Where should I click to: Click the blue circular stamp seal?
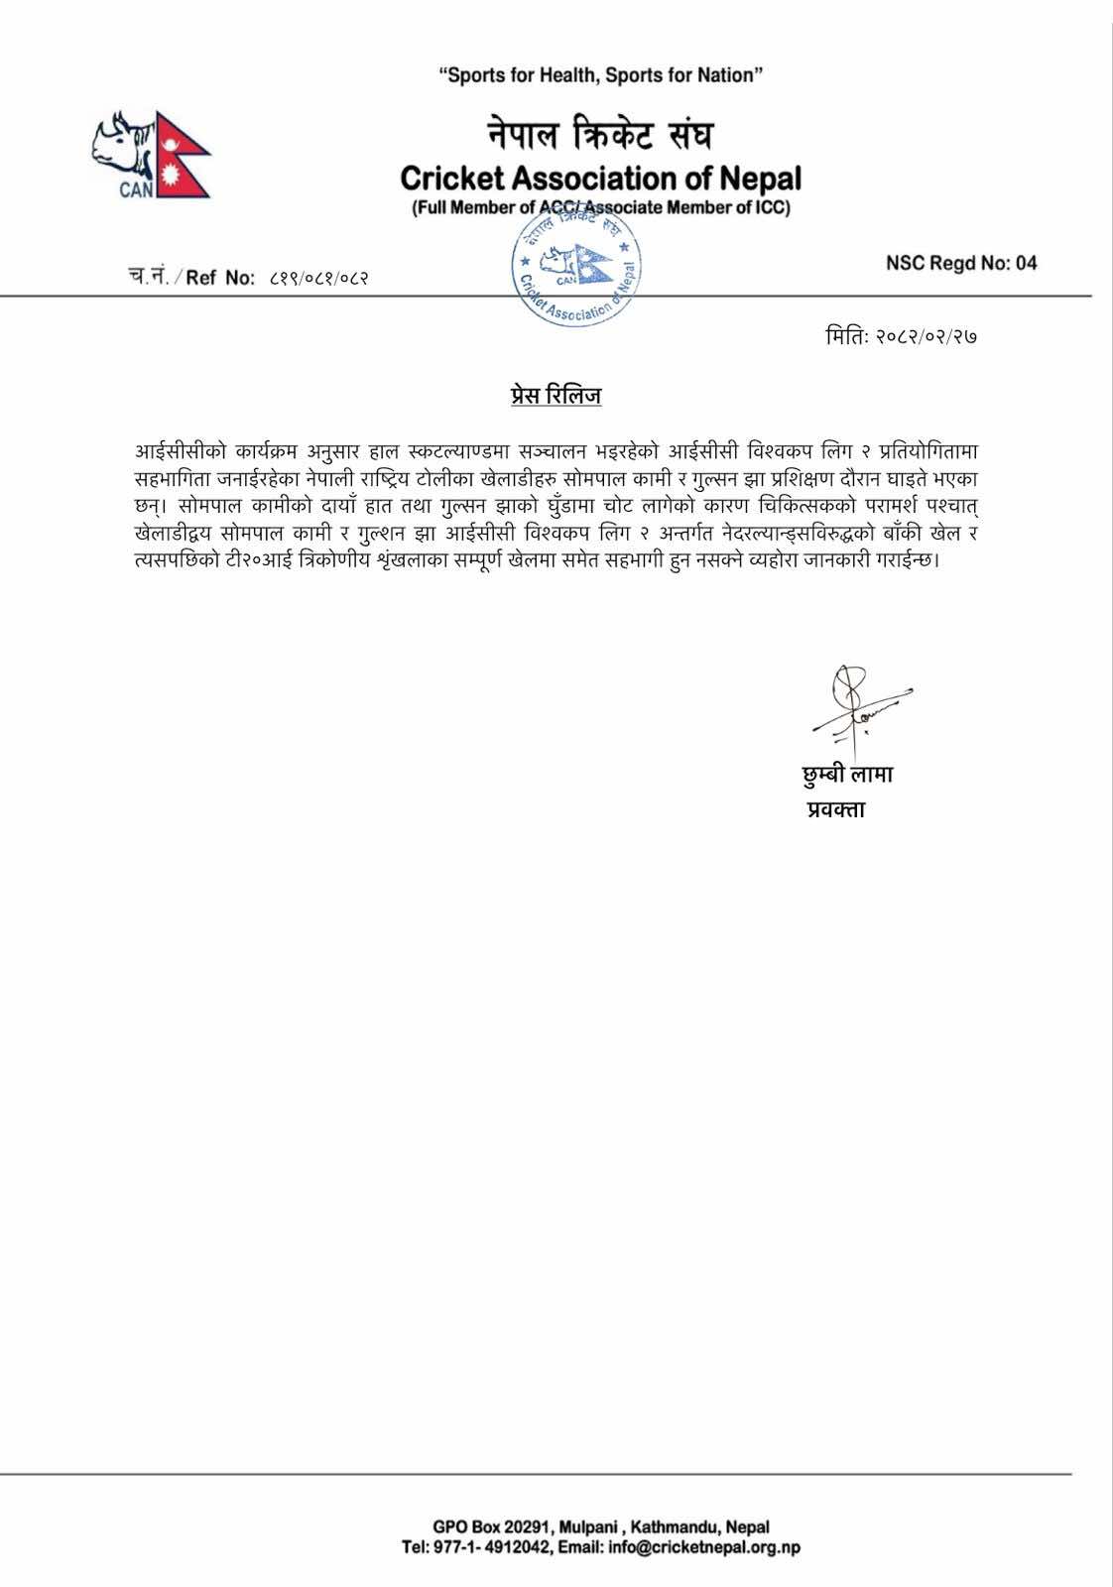pyautogui.click(x=575, y=268)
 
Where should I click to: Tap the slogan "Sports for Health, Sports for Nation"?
pyautogui.click(x=601, y=75)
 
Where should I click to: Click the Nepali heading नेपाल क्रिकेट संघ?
pyautogui.click(x=600, y=133)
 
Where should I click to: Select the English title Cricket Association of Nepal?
pyautogui.click(x=600, y=179)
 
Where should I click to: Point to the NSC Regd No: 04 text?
pyautogui.click(x=961, y=263)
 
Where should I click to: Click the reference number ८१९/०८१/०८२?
pyautogui.click(x=319, y=278)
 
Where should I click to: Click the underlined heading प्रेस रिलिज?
pyautogui.click(x=551, y=396)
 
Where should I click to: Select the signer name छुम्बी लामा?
pyautogui.click(x=847, y=775)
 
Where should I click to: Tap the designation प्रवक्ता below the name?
pyautogui.click(x=835, y=809)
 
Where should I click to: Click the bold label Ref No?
pyautogui.click(x=220, y=278)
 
